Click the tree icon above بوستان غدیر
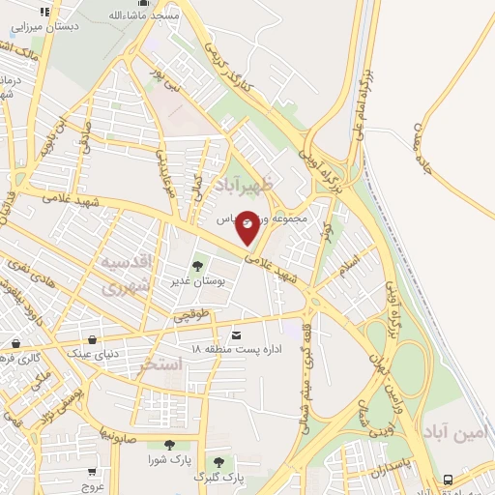point(198,266)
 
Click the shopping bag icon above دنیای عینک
point(92,340)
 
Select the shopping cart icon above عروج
point(92,473)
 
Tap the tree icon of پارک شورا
point(169,445)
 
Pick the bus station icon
point(448,479)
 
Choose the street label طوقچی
point(190,314)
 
